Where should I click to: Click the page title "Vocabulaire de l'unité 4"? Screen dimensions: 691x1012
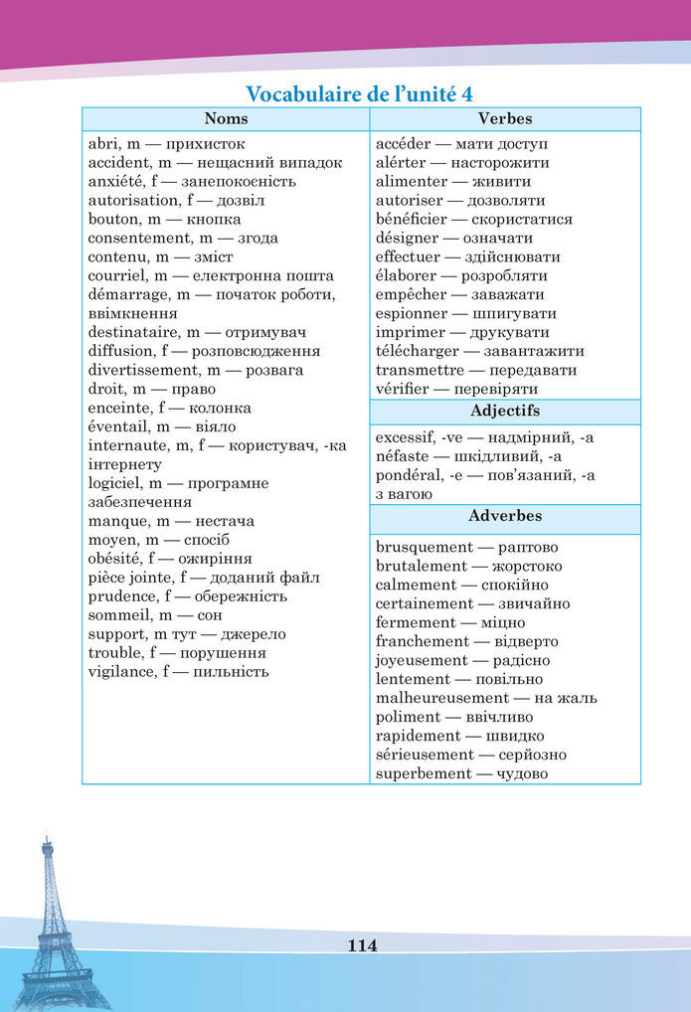click(359, 94)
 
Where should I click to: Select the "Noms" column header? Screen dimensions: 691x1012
click(226, 119)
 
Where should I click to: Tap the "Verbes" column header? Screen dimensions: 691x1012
click(504, 119)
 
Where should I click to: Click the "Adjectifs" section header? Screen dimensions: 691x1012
click(504, 411)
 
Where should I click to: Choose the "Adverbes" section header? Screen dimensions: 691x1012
click(504, 516)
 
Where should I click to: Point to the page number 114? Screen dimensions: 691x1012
click(362, 945)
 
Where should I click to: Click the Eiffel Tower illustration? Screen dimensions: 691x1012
click(49, 925)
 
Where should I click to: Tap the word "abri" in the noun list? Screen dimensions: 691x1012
click(101, 143)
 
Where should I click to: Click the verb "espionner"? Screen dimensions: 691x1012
click(412, 313)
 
